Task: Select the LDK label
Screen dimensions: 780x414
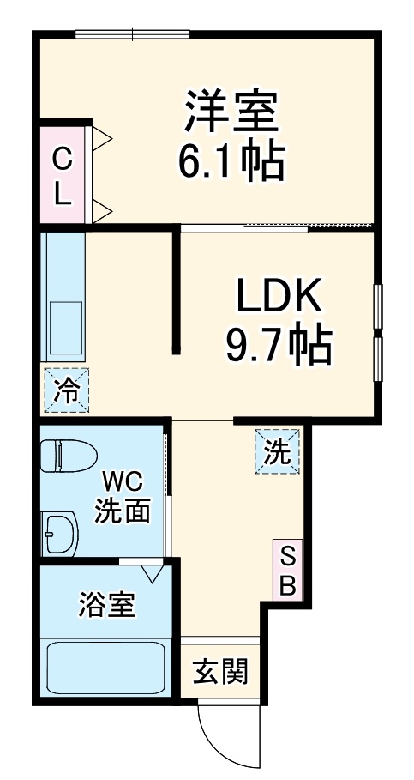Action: coord(279,297)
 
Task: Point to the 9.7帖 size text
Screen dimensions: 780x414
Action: coord(279,345)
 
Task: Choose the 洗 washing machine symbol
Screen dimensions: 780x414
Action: coord(277,451)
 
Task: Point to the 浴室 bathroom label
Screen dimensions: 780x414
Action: coord(105,605)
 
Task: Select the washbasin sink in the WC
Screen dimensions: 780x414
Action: coord(58,534)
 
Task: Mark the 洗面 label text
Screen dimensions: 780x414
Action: coord(123,511)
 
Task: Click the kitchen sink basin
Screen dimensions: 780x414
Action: coord(64,330)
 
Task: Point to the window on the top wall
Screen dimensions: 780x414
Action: coord(132,34)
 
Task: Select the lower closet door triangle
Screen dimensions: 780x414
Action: coord(101,209)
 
